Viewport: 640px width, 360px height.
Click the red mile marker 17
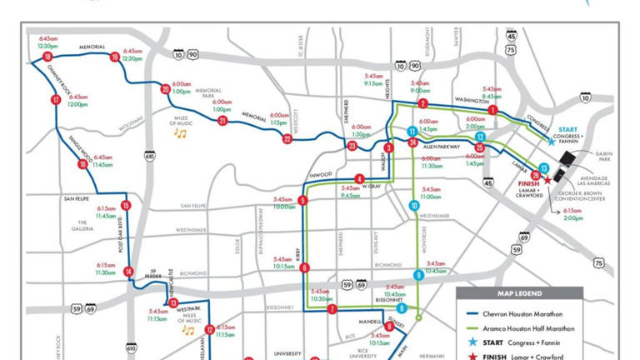coord(56,100)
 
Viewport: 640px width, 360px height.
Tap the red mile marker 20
coord(166,89)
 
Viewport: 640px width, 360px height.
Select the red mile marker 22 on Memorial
coord(287,139)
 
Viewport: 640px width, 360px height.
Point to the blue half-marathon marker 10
coord(414,205)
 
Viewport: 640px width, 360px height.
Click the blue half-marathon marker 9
coord(419,275)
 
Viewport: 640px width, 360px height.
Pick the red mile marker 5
coord(302,201)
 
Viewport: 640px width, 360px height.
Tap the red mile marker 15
coord(125,205)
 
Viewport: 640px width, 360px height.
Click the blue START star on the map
coord(551,142)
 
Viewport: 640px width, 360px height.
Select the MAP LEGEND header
coord(519,293)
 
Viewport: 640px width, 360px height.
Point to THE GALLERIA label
coord(82,225)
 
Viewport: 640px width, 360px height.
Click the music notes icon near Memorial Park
coord(179,132)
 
